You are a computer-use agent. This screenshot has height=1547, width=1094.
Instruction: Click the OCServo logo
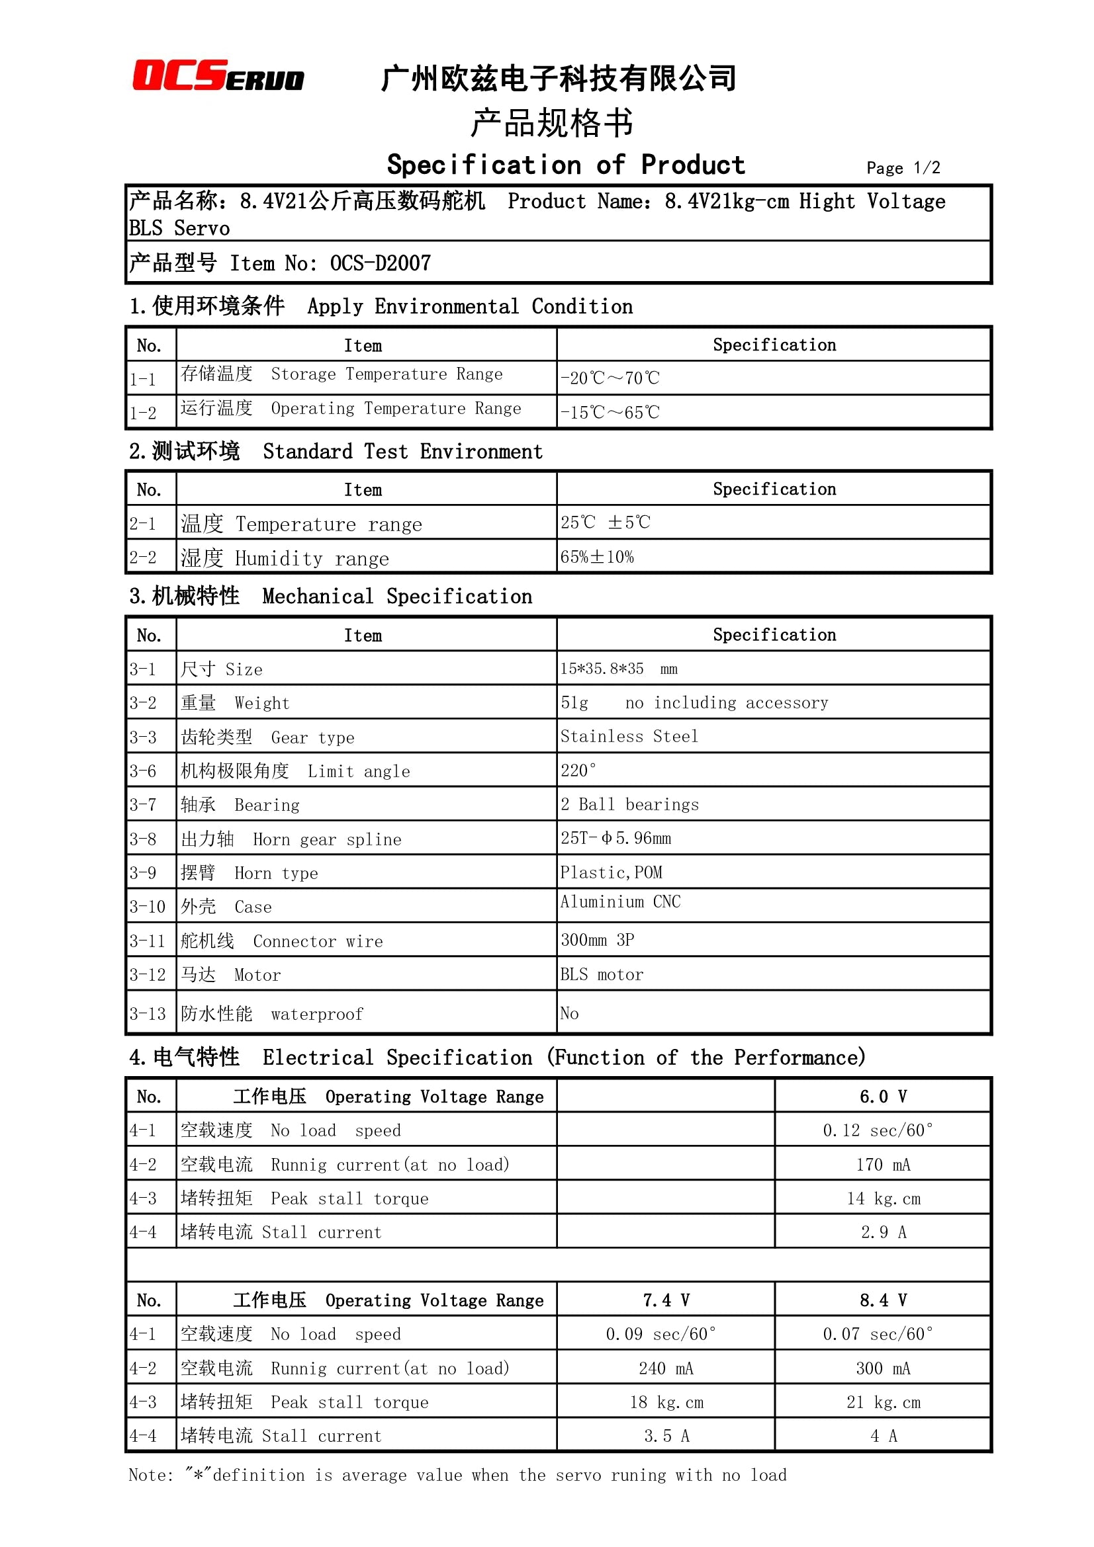(218, 75)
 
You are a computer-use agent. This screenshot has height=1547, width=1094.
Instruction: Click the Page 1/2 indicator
(903, 168)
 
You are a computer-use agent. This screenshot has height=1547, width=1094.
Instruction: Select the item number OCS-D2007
(380, 263)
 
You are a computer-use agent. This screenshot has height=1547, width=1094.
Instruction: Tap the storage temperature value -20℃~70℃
(610, 378)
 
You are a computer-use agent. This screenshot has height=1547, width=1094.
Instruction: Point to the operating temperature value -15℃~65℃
(610, 412)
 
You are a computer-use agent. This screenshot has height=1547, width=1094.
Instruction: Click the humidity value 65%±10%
(597, 557)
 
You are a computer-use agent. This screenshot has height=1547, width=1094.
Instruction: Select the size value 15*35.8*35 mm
(619, 669)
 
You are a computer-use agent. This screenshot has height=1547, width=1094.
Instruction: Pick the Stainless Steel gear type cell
(629, 736)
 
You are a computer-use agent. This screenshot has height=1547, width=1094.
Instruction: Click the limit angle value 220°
(578, 770)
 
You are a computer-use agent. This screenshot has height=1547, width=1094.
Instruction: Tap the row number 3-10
(148, 907)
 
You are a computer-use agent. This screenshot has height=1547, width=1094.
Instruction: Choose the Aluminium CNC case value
(621, 902)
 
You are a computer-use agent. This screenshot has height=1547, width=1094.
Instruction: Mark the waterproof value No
(570, 1013)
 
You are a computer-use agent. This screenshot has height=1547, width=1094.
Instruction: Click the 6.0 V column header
(883, 1097)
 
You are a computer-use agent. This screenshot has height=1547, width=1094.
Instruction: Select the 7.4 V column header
(666, 1300)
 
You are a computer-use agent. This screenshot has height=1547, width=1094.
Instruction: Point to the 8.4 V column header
(883, 1300)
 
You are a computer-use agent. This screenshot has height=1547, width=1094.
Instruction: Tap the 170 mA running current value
(883, 1165)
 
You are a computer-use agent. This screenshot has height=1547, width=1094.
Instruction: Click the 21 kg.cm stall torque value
(883, 1402)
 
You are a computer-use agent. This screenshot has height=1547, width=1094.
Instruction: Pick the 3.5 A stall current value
(666, 1436)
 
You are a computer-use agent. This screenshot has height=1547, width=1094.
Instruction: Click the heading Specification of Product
(566, 165)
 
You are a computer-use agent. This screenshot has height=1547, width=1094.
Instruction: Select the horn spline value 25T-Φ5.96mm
(616, 838)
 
